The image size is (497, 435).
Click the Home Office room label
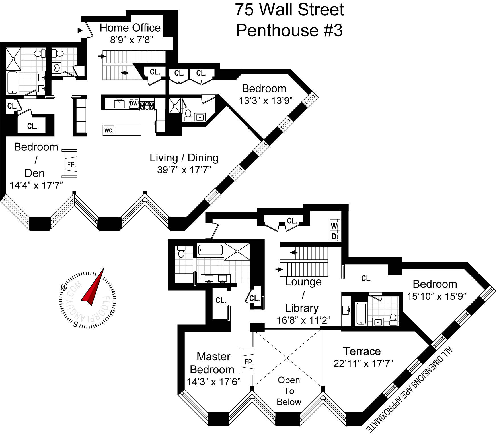130,28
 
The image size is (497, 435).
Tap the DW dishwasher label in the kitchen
134,104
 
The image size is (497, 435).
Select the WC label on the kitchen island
108,130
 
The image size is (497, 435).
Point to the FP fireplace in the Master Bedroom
248,362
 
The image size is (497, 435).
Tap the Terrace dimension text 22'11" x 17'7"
363,363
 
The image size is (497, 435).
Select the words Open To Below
289,391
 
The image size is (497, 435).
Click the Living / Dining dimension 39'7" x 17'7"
184,170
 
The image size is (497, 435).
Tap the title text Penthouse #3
289,30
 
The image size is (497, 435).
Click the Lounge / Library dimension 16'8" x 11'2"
303,320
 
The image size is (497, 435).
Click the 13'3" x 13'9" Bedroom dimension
266,101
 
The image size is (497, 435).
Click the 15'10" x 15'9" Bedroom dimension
436,297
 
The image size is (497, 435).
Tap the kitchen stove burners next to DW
147,106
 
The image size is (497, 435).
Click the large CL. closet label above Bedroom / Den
32,126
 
